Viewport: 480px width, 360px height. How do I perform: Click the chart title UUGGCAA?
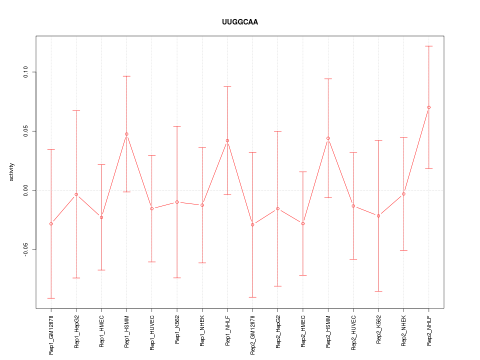pos(240,22)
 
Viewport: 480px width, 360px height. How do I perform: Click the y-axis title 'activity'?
pos(12,172)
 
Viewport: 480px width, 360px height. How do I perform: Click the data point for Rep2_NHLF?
pos(429,107)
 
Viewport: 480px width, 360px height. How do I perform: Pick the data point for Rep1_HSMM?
pos(126,134)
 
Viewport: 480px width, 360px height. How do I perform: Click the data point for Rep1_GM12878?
pos(51,223)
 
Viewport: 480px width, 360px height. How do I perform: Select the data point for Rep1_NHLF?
pos(227,140)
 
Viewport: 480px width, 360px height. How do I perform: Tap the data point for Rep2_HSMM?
pos(328,138)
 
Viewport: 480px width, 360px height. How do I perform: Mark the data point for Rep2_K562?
pos(378,215)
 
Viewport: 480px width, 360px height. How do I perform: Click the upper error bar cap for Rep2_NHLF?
pos(429,46)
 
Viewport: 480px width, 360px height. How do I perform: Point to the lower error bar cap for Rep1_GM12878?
pos(51,298)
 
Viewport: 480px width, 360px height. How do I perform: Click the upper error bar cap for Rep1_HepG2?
pos(76,110)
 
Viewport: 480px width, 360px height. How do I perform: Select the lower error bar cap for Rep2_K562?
pos(378,291)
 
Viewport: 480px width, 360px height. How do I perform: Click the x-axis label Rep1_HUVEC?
pos(152,331)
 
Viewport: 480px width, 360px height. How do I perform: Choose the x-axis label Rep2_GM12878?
pos(253,334)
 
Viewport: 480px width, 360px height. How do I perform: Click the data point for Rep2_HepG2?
pos(278,208)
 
